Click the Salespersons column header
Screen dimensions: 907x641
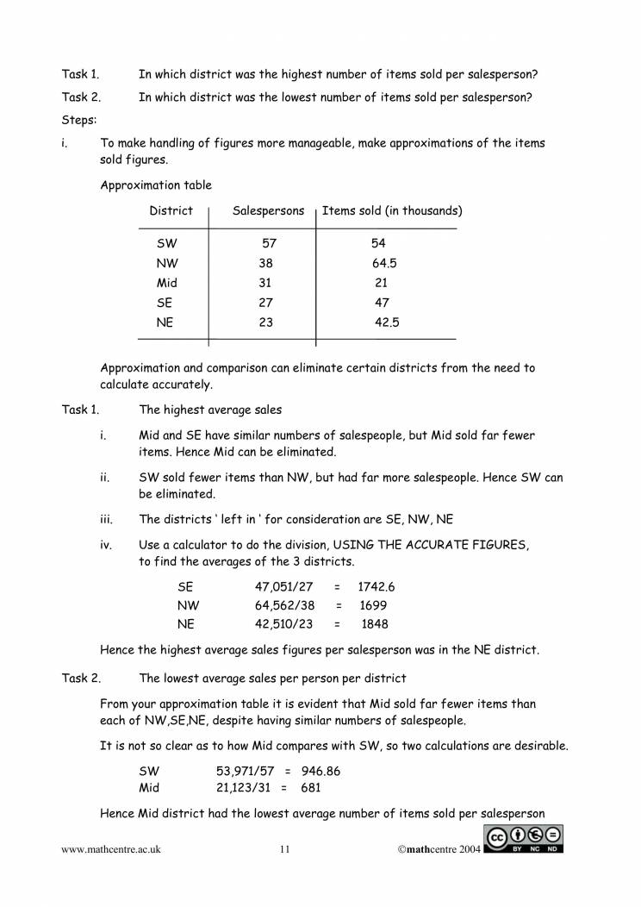tap(268, 211)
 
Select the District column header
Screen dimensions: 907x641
tap(171, 211)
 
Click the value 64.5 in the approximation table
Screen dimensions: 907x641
tap(384, 264)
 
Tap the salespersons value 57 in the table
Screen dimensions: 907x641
tap(268, 244)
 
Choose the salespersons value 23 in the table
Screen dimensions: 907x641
tap(265, 322)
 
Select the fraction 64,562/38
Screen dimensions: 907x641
tap(285, 605)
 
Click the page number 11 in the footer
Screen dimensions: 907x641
tap(285, 850)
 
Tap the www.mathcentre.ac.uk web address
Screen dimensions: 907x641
tap(111, 850)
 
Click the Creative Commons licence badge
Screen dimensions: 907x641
tap(524, 840)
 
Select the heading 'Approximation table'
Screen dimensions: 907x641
tap(155, 185)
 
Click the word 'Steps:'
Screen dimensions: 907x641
tap(79, 120)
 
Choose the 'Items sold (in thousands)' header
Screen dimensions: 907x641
tap(391, 211)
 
